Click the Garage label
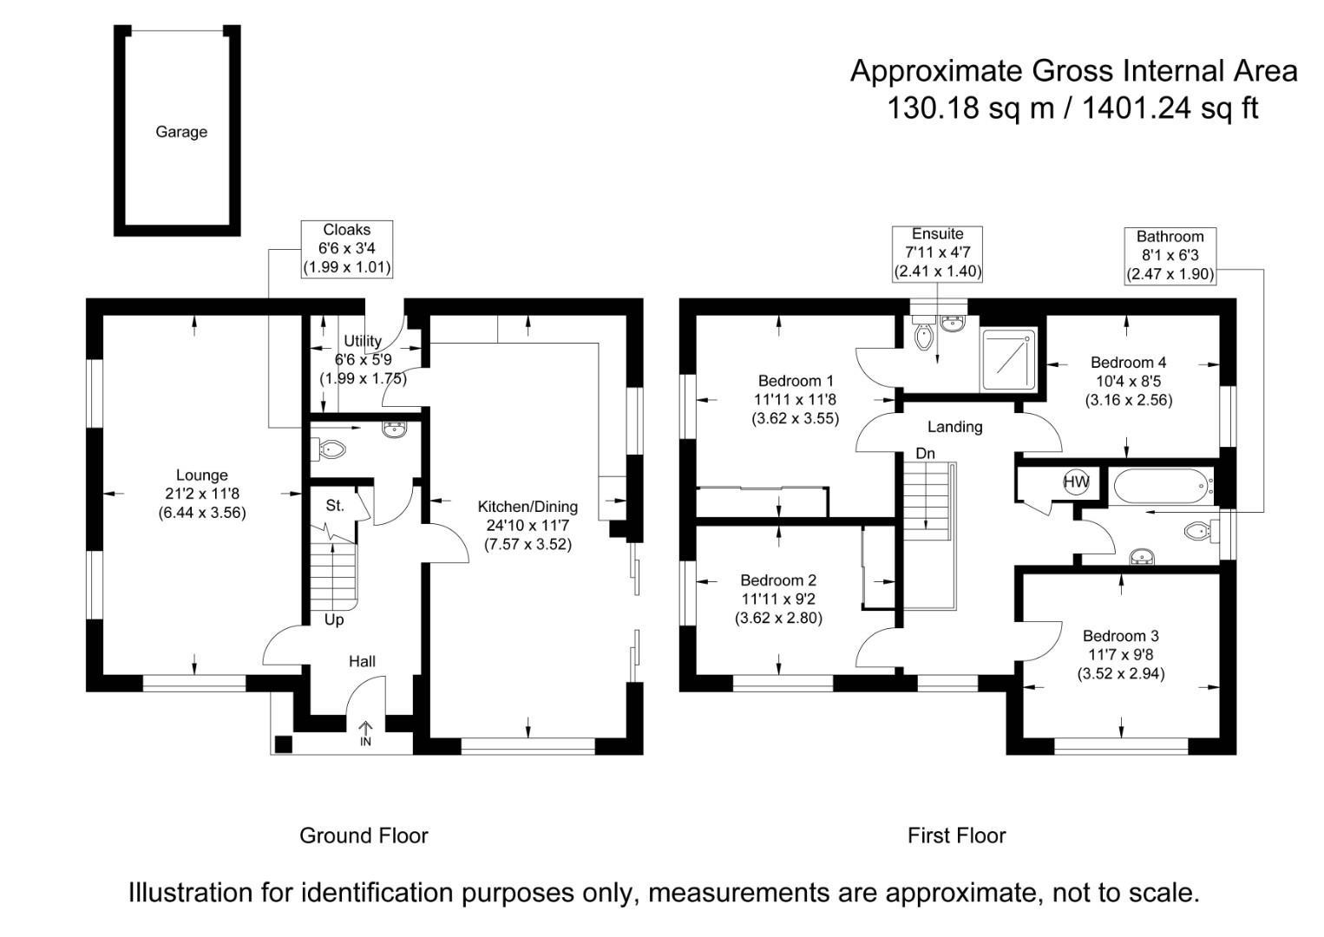pos(181,132)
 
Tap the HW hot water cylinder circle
pos(1076,482)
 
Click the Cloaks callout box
pos(347,249)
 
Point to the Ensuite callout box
pos(937,252)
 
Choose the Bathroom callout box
pos(1170,255)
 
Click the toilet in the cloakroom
pos(331,449)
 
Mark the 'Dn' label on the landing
pos(925,454)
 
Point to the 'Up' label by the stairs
pos(334,619)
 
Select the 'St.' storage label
pos(335,505)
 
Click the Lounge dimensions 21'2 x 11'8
pos(202,494)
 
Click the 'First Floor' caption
pos(956,835)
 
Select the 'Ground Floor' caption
pos(364,835)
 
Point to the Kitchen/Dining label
pos(528,507)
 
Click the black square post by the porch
pos(283,744)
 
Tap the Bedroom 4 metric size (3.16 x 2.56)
pos(1128,400)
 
